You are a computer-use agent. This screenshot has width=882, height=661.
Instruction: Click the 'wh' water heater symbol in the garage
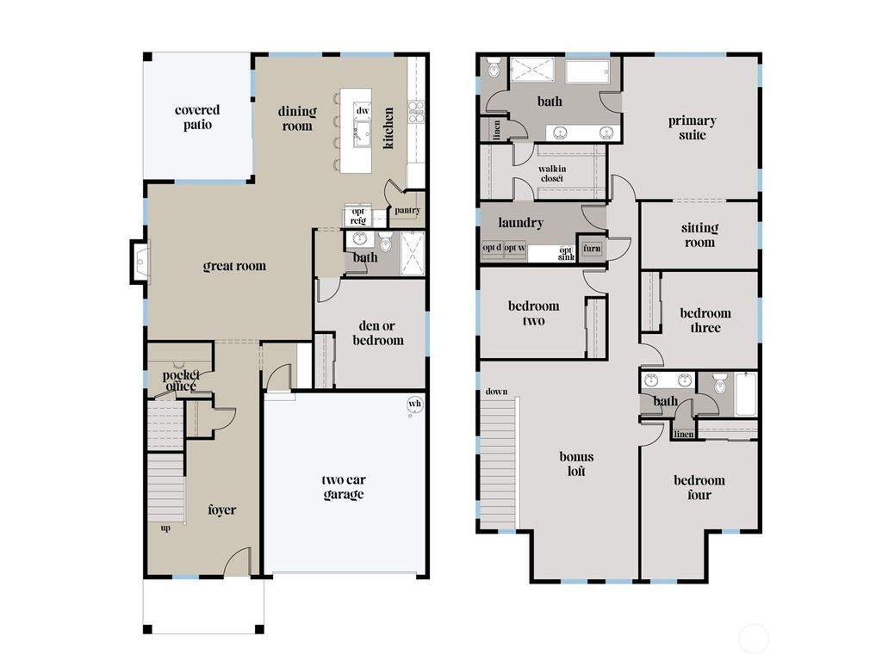(x=414, y=404)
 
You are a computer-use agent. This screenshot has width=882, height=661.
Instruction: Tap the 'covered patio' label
(x=197, y=117)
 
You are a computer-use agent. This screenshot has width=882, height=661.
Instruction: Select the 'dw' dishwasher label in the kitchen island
(x=363, y=111)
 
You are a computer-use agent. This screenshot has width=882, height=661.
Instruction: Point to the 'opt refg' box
(x=357, y=216)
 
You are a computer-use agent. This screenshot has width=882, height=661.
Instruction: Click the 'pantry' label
(x=407, y=210)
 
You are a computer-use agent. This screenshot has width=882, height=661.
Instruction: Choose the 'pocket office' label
(x=181, y=380)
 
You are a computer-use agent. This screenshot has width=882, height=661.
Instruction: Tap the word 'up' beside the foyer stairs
(x=165, y=528)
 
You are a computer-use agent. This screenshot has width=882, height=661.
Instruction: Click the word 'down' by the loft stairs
(x=496, y=392)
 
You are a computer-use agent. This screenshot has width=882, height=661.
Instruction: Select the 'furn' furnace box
(x=592, y=249)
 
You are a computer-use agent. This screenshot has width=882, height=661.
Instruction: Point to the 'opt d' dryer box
(x=492, y=249)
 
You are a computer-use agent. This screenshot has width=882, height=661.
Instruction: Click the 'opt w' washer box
(x=515, y=249)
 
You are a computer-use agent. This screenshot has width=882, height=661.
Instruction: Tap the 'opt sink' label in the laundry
(x=565, y=253)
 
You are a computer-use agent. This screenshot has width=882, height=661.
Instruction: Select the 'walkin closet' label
(x=551, y=173)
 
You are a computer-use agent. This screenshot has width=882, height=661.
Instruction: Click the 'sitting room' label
(x=699, y=235)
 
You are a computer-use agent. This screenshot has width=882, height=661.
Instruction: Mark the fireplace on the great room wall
(x=138, y=260)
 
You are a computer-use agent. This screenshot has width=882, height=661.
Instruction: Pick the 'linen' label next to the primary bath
(x=497, y=129)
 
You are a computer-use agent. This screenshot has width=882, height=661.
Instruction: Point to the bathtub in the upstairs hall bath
(x=746, y=395)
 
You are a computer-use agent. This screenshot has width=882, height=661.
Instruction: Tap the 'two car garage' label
(x=344, y=487)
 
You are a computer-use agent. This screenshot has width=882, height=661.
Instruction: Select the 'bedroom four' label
(x=699, y=487)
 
